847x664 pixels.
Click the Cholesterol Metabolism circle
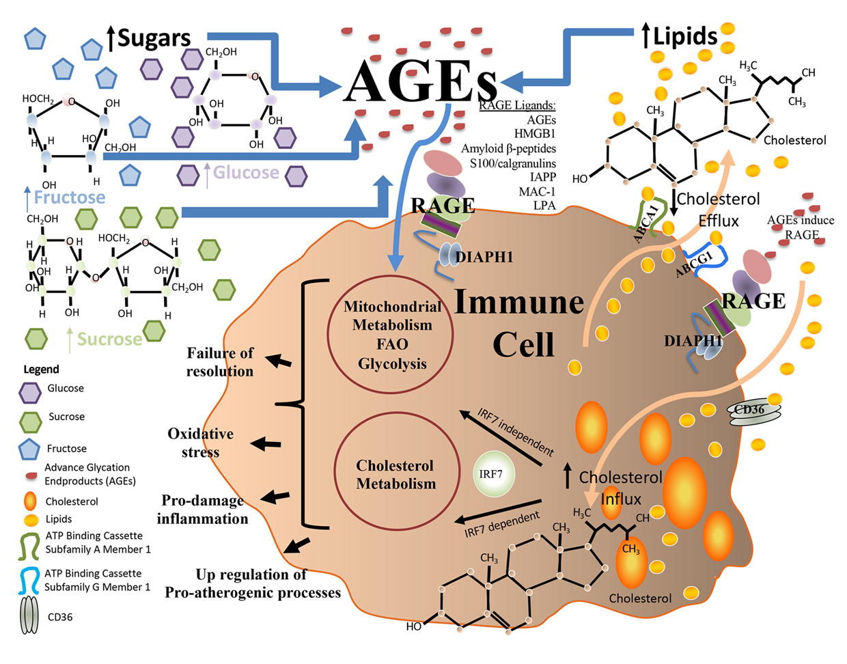pos(395,474)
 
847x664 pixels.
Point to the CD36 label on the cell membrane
pos(749,410)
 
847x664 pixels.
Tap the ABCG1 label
pos(694,264)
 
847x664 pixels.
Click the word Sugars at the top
pos(154,38)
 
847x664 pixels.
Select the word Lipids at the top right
pos(685,36)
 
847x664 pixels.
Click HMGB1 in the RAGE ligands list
pos(535,134)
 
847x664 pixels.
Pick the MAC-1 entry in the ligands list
pos(537,191)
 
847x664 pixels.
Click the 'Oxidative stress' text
pos(201,443)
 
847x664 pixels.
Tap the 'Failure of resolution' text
pos(220,362)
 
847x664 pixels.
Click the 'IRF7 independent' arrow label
pos(515,432)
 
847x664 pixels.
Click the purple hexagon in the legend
pos(30,393)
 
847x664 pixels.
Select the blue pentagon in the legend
pos(30,449)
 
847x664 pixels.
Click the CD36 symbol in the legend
pos(29,617)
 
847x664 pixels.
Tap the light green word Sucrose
pos(109,339)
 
